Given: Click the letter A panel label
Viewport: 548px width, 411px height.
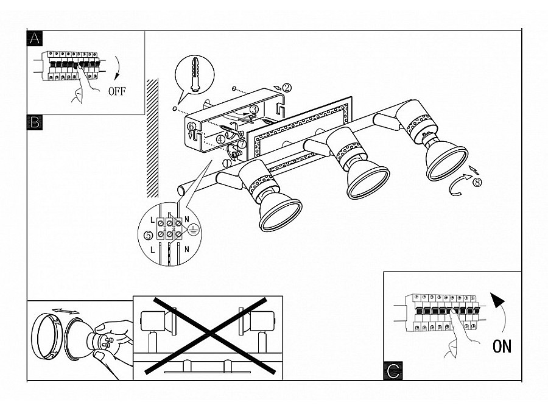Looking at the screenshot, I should (x=35, y=38).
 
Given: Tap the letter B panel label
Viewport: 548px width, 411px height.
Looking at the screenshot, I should (x=35, y=122).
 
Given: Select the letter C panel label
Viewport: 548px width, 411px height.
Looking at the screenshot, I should (x=393, y=370).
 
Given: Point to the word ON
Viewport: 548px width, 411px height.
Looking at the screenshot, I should (x=502, y=347).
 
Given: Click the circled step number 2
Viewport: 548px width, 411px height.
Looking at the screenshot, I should (x=287, y=88).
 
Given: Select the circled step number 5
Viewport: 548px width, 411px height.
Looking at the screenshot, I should (x=146, y=234).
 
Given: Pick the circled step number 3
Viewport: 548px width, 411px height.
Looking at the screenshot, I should (x=255, y=109).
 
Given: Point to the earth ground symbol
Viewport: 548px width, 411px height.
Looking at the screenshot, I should (x=193, y=230).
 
